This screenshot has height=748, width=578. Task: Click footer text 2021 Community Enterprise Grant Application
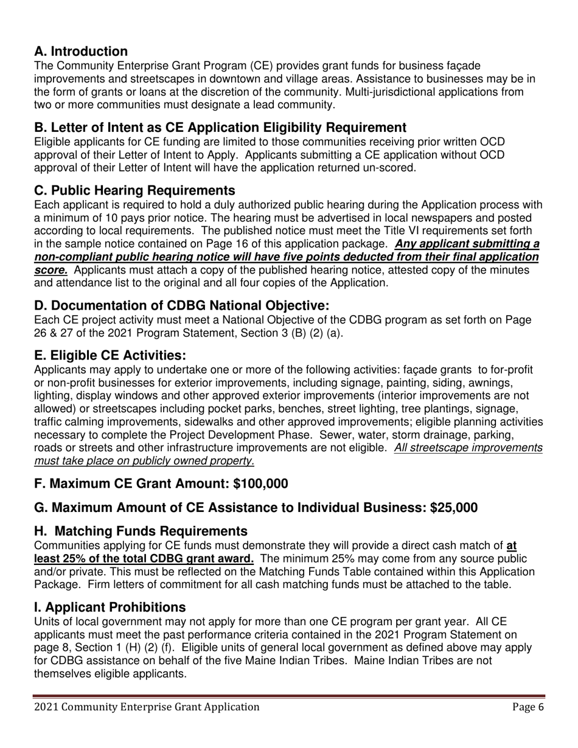[147, 707]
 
